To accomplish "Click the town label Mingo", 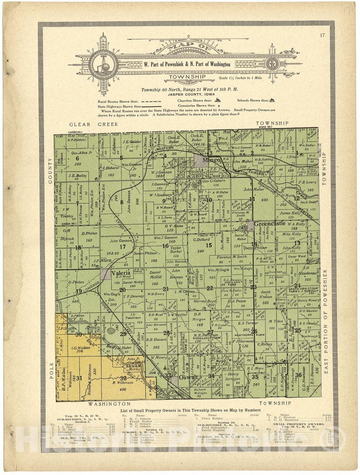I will [211, 160].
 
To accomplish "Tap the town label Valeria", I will [121, 273].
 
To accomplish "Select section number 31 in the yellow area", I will [79, 378].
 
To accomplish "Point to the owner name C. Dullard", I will [202, 239].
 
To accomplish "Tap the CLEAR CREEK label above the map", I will [94, 124].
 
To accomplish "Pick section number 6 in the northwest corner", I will [77, 158].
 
